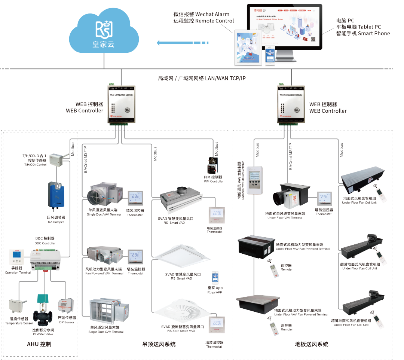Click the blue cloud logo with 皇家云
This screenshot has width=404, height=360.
point(104,32)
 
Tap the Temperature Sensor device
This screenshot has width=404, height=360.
point(17,305)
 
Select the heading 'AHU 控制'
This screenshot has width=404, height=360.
point(39,344)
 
